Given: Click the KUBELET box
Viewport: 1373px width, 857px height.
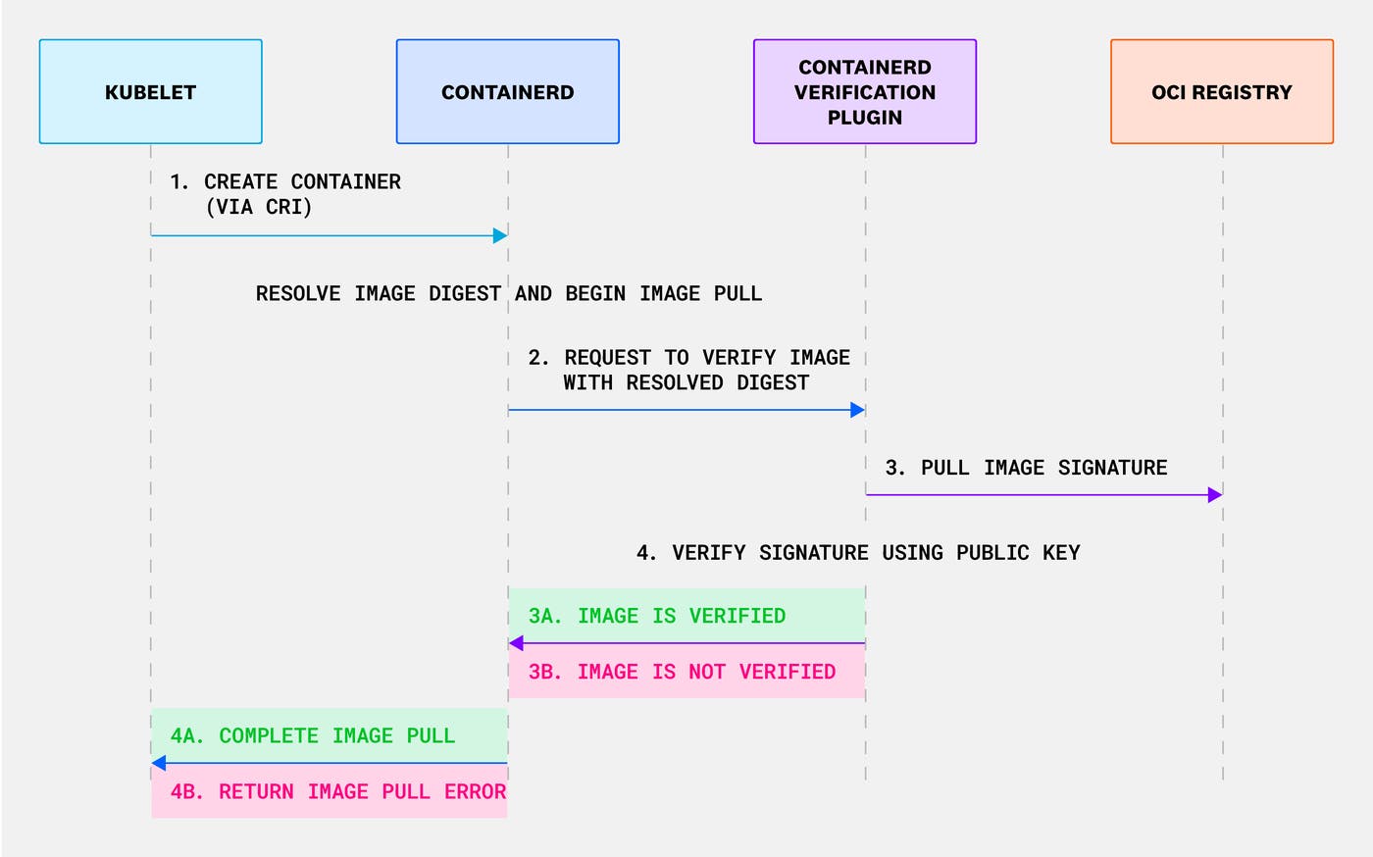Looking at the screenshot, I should tap(150, 92).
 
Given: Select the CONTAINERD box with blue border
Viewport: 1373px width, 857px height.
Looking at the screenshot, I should tap(507, 92).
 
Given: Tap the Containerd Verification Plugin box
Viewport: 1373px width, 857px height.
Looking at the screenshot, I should tap(864, 92).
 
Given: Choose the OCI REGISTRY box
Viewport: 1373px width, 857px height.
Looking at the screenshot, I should tap(1221, 92).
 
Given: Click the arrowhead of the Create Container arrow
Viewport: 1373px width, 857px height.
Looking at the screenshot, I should tap(500, 235).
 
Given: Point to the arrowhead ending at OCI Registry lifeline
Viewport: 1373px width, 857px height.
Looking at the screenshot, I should tap(1215, 495).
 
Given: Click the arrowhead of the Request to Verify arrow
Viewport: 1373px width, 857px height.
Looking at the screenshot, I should tap(857, 410).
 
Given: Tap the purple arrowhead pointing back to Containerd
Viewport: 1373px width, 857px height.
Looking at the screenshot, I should tap(516, 643).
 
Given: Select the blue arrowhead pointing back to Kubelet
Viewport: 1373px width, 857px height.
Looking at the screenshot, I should tap(159, 763).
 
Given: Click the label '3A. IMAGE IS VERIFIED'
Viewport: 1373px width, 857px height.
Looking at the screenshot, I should tap(657, 616).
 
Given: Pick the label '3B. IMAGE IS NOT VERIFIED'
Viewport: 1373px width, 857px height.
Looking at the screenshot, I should tap(682, 672).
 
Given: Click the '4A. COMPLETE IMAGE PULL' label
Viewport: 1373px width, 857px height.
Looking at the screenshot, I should tap(313, 735).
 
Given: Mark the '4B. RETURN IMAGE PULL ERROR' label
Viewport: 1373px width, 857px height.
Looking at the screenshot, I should tap(338, 791).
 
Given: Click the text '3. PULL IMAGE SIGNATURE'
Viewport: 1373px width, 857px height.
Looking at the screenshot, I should tap(1026, 468).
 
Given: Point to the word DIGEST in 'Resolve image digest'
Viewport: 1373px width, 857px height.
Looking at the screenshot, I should tap(464, 293).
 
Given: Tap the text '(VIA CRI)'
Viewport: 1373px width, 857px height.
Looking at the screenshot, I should tap(259, 207).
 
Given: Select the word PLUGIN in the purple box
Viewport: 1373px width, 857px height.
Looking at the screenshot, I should tap(864, 118).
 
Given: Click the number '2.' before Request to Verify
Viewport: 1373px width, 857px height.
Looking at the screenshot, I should tap(538, 358).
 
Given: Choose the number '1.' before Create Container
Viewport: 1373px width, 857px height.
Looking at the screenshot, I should tap(179, 182).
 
